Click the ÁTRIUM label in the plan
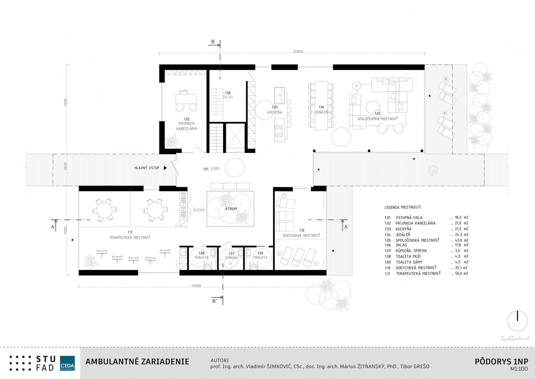point(231,209)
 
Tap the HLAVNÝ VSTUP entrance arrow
point(165,168)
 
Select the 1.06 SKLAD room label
point(228,95)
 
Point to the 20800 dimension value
point(298,52)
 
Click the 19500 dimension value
point(196,286)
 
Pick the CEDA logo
point(67,363)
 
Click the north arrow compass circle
point(517,321)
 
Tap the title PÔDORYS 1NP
point(501,362)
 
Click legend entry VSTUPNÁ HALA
point(409,218)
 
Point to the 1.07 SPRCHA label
point(231,256)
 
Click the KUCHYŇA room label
point(275,112)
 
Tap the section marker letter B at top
point(213,42)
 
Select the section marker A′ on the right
point(346,227)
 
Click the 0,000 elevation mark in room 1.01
point(215,169)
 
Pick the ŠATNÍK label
point(199,210)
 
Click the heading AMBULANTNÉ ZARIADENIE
point(137,362)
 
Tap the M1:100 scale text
point(519,369)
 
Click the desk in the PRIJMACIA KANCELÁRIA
point(186,99)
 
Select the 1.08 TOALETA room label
point(201,255)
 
